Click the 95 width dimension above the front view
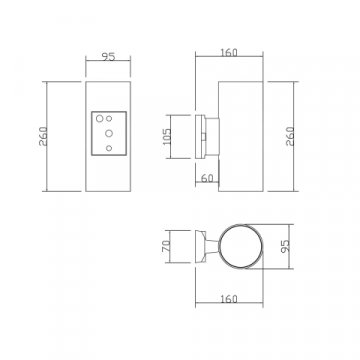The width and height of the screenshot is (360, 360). [108, 57]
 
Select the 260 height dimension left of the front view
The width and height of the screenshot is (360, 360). [43, 136]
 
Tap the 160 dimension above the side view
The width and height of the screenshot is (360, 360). [229, 53]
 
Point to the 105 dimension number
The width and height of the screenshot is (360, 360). [167, 137]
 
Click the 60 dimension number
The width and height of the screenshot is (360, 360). [207, 179]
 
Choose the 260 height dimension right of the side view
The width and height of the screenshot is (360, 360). [290, 136]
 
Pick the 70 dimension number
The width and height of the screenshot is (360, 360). [166, 246]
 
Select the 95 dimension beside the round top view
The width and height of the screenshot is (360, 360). [286, 246]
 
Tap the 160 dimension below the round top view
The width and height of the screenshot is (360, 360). [229, 299]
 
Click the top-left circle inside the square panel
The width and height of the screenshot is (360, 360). [99, 118]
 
